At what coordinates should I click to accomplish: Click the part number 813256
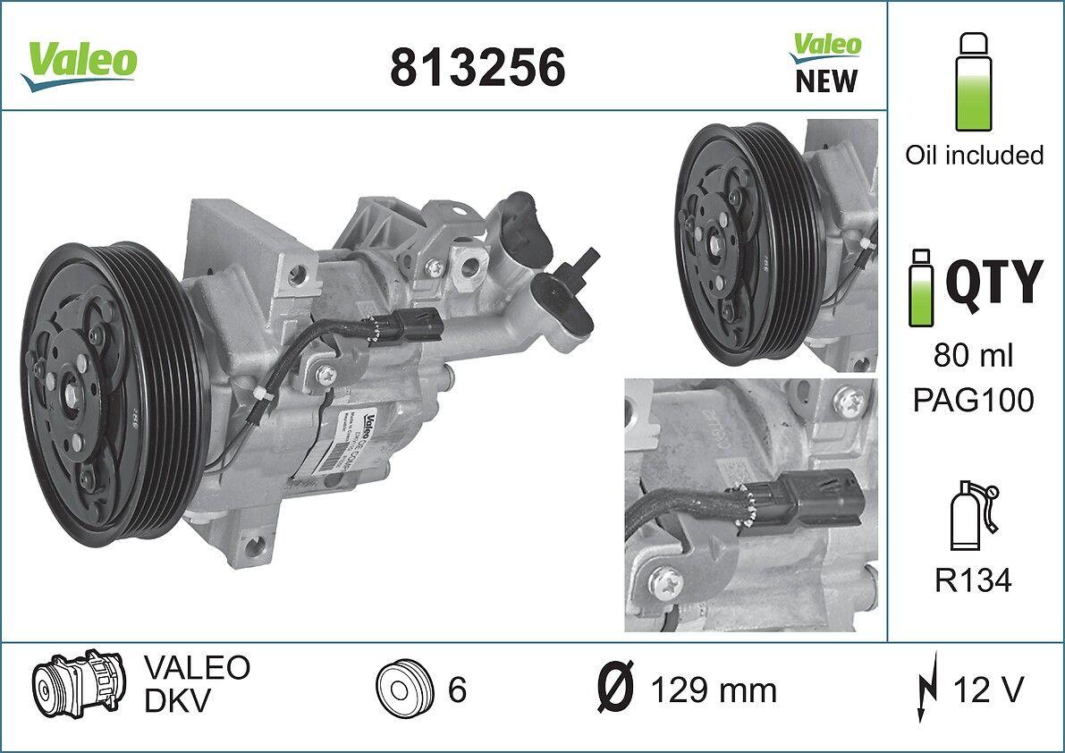478,66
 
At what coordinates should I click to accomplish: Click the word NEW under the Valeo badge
825,82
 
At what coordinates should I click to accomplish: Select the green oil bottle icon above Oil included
974,82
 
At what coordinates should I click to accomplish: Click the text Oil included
974,155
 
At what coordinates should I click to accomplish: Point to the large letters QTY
993,281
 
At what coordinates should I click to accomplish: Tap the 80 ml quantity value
974,357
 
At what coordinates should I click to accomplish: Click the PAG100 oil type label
974,400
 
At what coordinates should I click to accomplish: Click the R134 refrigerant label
974,581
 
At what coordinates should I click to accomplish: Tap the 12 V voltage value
988,690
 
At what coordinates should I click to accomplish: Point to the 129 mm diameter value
713,690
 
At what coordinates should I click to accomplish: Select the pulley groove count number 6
457,690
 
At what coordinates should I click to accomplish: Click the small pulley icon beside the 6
402,690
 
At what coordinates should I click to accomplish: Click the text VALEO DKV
196,684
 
